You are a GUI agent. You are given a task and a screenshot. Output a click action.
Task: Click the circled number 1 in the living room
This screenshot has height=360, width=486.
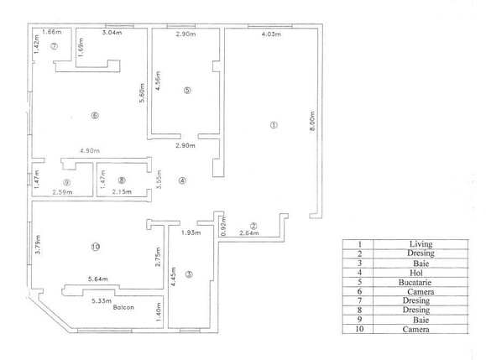[x=273, y=125]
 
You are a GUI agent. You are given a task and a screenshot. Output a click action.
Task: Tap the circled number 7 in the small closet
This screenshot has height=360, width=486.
[x=53, y=46]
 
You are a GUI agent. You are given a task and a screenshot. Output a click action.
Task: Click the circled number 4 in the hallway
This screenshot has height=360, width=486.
[x=182, y=180]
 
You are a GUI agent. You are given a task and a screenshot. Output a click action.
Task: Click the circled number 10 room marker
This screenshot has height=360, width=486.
[x=95, y=247]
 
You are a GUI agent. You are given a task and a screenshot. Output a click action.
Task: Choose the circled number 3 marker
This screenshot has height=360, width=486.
[x=190, y=274]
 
